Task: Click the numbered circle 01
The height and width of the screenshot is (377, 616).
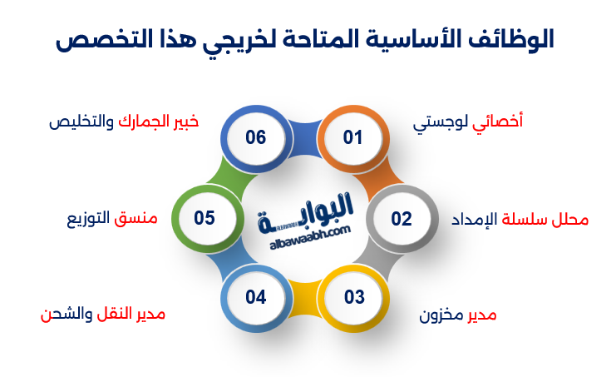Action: pyautogui.click(x=353, y=137)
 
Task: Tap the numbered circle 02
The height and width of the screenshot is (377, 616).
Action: pyautogui.click(x=402, y=219)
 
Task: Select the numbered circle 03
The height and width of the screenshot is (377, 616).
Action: pyautogui.click(x=354, y=296)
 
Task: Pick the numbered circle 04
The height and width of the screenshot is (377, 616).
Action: pyautogui.click(x=256, y=296)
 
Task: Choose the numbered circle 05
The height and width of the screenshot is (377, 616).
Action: pyautogui.click(x=205, y=218)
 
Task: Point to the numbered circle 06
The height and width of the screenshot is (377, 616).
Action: pyautogui.click(x=256, y=137)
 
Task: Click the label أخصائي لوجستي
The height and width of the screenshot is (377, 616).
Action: pyautogui.click(x=468, y=122)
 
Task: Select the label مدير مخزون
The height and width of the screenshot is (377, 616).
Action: pyautogui.click(x=458, y=315)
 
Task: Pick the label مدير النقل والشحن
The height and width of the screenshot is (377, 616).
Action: pyautogui.click(x=103, y=315)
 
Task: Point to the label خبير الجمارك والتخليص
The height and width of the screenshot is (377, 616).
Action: pyautogui.click(x=124, y=121)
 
